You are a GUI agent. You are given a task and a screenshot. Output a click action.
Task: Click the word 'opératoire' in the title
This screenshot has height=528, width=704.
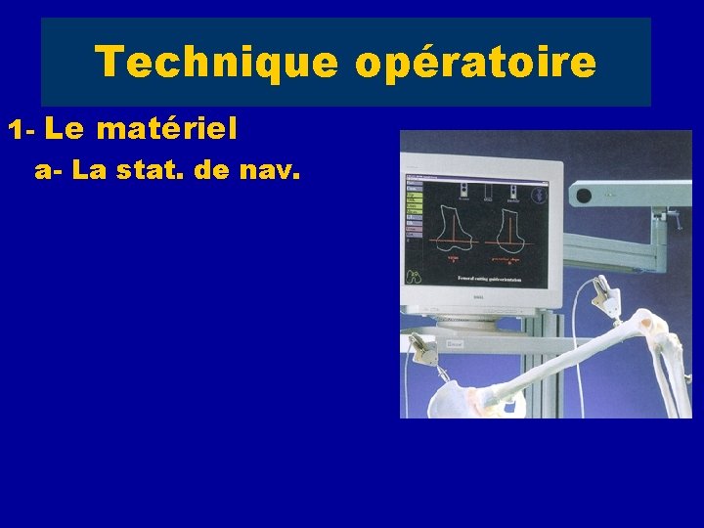pos(475,63)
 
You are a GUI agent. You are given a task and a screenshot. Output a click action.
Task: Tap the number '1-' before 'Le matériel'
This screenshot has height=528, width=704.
pos(22,129)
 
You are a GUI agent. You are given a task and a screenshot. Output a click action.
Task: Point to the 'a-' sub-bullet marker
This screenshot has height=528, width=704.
pos(49,171)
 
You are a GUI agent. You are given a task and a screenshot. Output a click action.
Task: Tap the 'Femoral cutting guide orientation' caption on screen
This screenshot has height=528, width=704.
pos(489,279)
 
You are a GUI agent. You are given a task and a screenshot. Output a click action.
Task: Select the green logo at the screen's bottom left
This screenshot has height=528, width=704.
pos(414,277)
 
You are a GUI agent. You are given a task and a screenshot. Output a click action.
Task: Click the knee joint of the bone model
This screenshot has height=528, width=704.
pos(646,328)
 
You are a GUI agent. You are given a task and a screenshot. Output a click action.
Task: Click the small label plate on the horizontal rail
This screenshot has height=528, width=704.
pos(454,344)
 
